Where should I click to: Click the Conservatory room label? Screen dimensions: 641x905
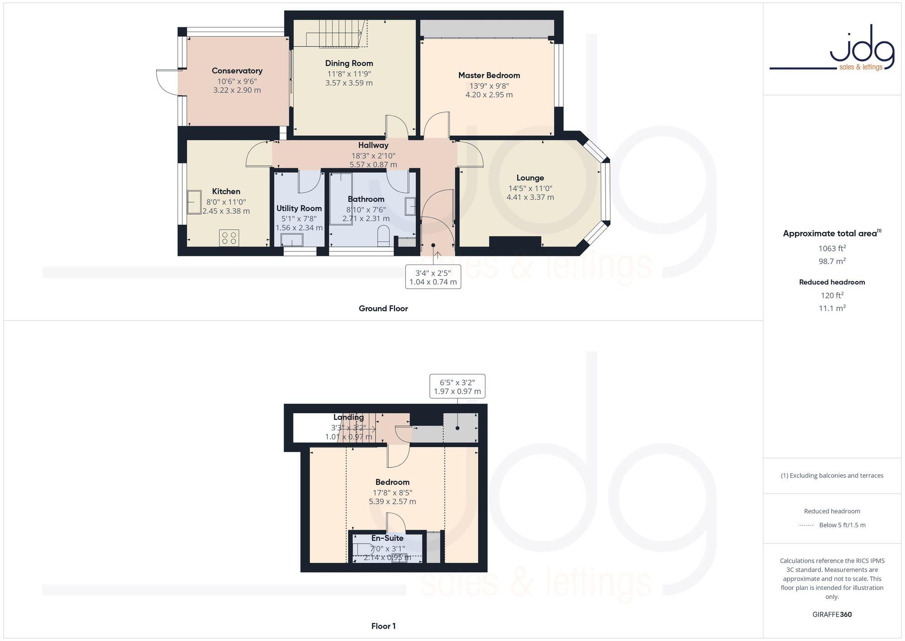(237, 71)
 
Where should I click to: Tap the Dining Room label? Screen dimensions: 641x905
(349, 63)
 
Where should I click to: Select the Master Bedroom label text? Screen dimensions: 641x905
(489, 75)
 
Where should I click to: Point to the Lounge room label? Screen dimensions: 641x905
(530, 178)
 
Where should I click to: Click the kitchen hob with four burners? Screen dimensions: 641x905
(229, 238)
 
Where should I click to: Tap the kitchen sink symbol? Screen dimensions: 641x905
(195, 202)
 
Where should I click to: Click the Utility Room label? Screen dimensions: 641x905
(299, 208)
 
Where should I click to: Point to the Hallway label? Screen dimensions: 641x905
(373, 145)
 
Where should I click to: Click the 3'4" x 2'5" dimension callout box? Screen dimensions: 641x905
(433, 277)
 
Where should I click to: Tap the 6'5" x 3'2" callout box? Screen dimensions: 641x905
(457, 386)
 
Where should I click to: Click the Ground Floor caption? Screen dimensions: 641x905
(383, 308)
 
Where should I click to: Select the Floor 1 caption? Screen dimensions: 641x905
(383, 627)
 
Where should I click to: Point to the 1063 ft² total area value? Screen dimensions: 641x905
(832, 248)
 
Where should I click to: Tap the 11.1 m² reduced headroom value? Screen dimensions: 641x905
(832, 308)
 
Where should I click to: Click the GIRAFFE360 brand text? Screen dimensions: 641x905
(832, 615)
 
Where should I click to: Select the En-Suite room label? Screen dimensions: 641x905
(387, 538)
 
